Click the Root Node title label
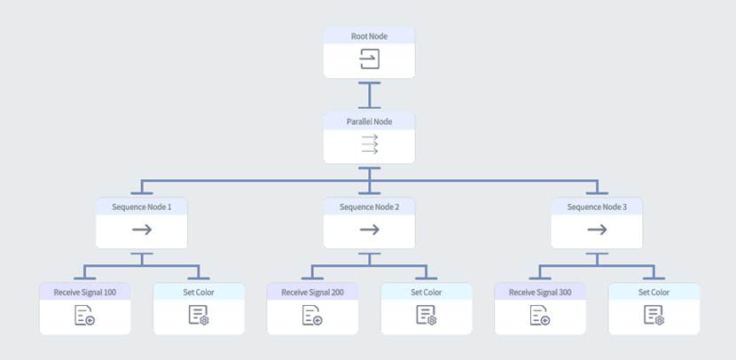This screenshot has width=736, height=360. pyautogui.click(x=369, y=35)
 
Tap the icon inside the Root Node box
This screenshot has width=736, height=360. pyautogui.click(x=369, y=59)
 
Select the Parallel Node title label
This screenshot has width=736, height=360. pyautogui.click(x=369, y=121)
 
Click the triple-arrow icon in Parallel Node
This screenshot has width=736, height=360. pyautogui.click(x=369, y=145)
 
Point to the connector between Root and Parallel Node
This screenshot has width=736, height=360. pyautogui.click(x=369, y=94)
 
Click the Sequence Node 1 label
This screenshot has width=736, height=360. pyautogui.click(x=142, y=207)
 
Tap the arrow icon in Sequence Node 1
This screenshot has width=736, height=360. pyautogui.click(x=142, y=231)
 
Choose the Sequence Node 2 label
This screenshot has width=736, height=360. pyautogui.click(x=369, y=207)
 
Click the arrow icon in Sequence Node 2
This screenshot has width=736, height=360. pyautogui.click(x=369, y=231)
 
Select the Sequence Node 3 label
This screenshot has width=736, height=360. pyautogui.click(x=597, y=207)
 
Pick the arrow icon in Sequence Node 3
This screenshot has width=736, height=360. pyautogui.click(x=597, y=231)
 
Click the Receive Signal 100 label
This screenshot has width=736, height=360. pyautogui.click(x=85, y=292)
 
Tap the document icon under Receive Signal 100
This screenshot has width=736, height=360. pyautogui.click(x=85, y=316)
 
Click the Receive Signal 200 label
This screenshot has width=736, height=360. pyautogui.click(x=312, y=292)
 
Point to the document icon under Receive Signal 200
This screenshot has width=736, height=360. pyautogui.click(x=312, y=316)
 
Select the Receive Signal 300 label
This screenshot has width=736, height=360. pyautogui.click(x=540, y=292)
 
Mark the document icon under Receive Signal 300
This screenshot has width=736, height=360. pyautogui.click(x=540, y=316)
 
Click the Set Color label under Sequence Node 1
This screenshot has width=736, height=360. pyautogui.click(x=199, y=292)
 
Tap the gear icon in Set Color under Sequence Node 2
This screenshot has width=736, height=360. pyautogui.click(x=428, y=317)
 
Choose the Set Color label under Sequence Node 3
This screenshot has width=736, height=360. pyautogui.click(x=654, y=292)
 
